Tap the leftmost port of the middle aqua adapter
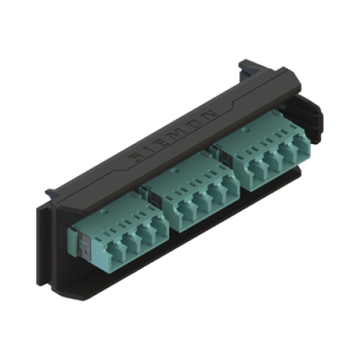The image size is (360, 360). (x=186, y=212)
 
